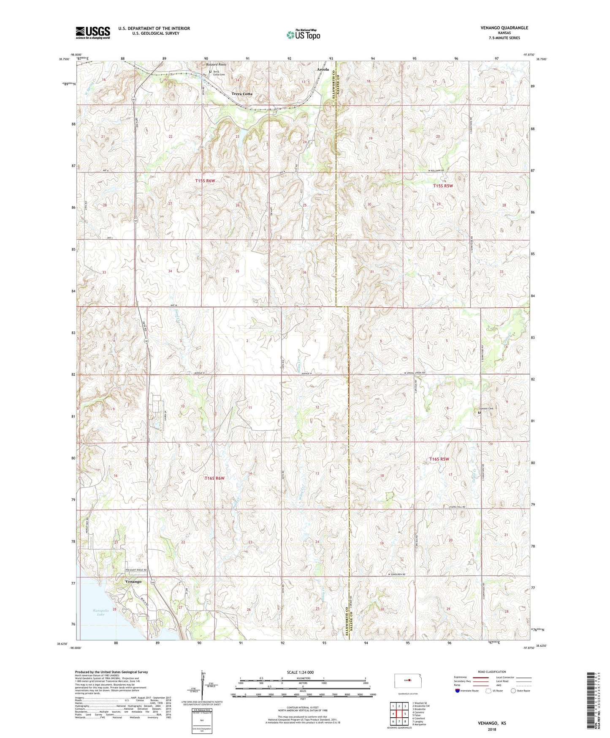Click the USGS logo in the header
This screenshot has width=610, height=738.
[x=93, y=33]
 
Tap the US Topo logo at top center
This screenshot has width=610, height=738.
[x=303, y=35]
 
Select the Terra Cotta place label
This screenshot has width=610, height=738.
[x=242, y=94]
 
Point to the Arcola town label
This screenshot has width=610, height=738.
[x=323, y=69]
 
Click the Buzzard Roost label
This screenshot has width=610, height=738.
[x=216, y=65]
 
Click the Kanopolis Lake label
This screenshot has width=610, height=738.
[x=101, y=612]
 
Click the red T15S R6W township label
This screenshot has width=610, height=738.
[x=205, y=181]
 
